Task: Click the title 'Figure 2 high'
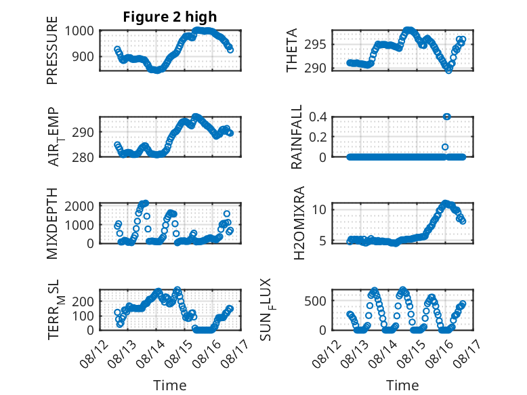coord(170,17)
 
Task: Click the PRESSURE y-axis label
coord(52,50)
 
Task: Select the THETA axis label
coord(292,50)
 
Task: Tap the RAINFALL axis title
coord(297,137)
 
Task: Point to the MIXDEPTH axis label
coord(52,224)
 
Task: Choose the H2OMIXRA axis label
coord(299,223)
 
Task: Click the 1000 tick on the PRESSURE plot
coord(79,31)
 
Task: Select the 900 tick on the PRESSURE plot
coord(83,56)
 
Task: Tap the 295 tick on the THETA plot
coord(315,44)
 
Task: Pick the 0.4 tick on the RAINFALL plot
coord(318,117)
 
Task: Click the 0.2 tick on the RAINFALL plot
coord(318,137)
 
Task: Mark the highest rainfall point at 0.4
coord(446,117)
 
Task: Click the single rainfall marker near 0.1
coord(445,147)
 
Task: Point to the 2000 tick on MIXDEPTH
coord(79,206)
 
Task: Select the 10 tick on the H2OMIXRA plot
coord(319,210)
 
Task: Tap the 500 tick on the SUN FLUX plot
coord(315,301)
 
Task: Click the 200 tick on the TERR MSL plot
coord(83,302)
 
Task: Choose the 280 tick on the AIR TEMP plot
coord(83,157)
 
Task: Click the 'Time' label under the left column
coord(170,385)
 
